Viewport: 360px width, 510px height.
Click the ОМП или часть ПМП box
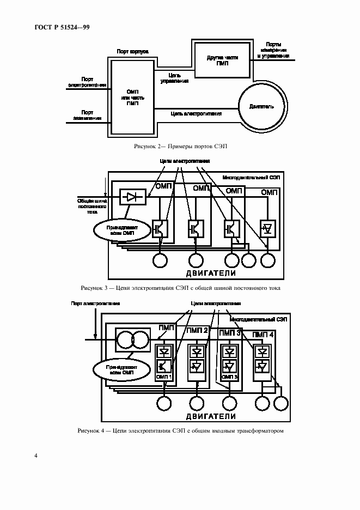point(132,97)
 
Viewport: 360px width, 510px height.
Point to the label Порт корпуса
point(133,52)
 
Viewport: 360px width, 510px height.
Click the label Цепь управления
point(174,77)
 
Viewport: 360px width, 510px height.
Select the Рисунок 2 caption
point(180,147)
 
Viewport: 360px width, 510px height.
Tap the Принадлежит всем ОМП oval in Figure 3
point(117,229)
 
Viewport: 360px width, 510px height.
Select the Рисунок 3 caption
point(180,288)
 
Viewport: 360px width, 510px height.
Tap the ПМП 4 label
point(264,333)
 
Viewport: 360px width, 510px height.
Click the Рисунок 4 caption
point(180,431)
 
